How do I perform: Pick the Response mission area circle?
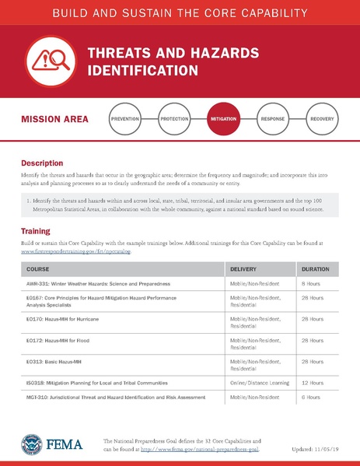[x=273, y=120]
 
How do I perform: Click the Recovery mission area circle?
[x=323, y=120]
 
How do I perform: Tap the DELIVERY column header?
[x=246, y=269]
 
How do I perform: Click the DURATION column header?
[x=317, y=269]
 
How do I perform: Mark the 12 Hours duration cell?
[x=314, y=383]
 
